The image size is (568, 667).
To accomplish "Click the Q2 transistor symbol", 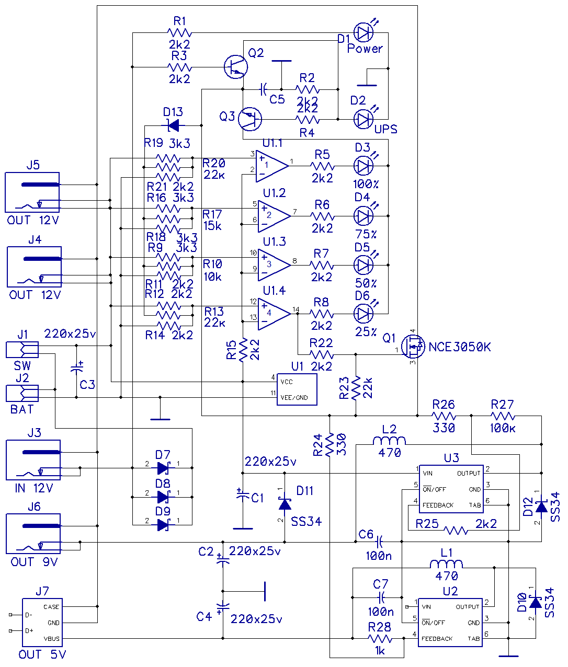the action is point(236,67).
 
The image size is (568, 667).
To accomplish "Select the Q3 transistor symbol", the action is point(250,119).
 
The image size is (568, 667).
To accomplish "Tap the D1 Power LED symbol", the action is point(364,32).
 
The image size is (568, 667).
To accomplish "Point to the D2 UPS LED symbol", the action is point(364,119).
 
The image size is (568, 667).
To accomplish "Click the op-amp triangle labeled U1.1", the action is point(272,166).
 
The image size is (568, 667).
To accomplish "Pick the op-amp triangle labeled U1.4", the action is point(274,314).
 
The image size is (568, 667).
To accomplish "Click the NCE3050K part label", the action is point(460,347).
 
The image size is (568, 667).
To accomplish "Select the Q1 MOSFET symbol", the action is point(413,347).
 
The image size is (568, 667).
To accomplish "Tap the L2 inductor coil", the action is point(389,441).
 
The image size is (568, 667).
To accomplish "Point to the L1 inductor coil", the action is point(446,565).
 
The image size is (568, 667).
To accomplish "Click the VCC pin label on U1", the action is point(287,382).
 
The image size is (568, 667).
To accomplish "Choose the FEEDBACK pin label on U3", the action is point(438,505).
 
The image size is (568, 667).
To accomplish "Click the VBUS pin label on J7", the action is point(52,639).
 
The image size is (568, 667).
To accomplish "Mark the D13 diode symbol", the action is point(174,125).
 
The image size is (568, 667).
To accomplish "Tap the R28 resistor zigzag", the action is point(380,639).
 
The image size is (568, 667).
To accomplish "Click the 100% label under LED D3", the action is point(366,184).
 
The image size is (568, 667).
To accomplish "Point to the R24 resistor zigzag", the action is point(330,445).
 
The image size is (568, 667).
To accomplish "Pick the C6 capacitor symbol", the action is point(380,542).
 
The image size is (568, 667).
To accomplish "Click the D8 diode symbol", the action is point(163,497).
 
